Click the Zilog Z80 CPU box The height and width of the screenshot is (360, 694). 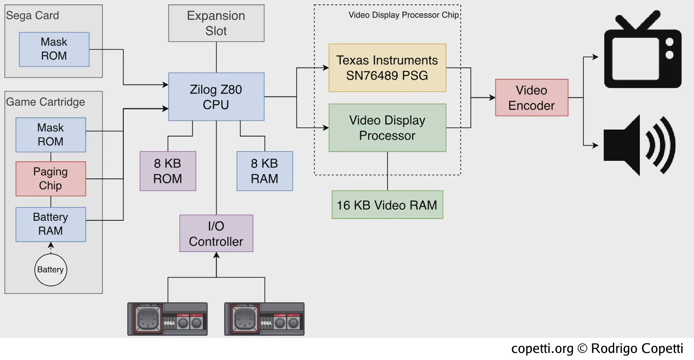coord(216,97)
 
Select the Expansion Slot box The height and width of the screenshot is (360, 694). coord(216,23)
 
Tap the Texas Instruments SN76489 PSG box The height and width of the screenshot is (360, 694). coord(387,67)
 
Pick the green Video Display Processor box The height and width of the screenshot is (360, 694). coord(387,128)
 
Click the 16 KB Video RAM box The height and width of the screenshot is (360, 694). coord(387,204)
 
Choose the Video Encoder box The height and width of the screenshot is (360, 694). coord(532,98)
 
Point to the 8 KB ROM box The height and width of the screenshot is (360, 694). coord(168,171)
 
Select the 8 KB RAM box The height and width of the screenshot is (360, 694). coord(265,171)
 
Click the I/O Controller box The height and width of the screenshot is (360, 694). coord(216,233)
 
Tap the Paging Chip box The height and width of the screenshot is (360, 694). coord(51,178)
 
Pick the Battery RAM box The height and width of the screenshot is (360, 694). coord(51,224)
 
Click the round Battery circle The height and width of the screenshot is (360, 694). coord(51,270)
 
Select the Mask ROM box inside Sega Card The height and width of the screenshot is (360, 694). coord(54,49)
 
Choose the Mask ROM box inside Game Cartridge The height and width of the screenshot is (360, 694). coord(51,135)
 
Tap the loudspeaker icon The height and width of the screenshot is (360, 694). coord(639,145)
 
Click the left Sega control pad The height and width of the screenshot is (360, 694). coord(168,319)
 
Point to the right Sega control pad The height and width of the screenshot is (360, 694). coord(264,319)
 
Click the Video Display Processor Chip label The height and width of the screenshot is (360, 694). coord(403,15)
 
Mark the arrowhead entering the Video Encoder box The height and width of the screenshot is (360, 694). coord(492,98)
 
